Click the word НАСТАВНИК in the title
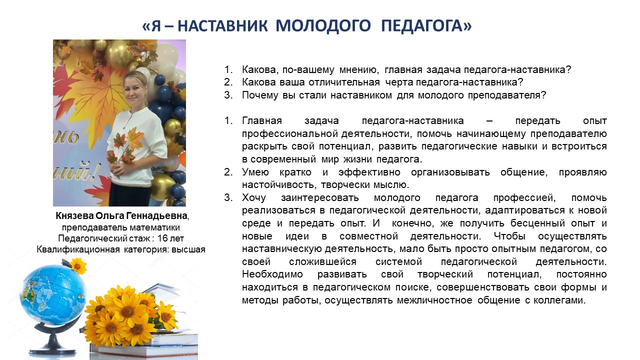click(222, 25)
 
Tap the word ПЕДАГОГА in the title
click(422, 25)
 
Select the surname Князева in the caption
click(74, 215)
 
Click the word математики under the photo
click(155, 227)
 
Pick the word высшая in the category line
click(188, 249)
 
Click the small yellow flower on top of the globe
click(77, 265)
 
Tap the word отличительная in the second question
click(343, 82)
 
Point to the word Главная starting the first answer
click(261, 121)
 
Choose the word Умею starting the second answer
click(255, 172)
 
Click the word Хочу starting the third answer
click(253, 197)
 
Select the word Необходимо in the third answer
click(272, 274)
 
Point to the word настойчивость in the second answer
click(279, 185)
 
